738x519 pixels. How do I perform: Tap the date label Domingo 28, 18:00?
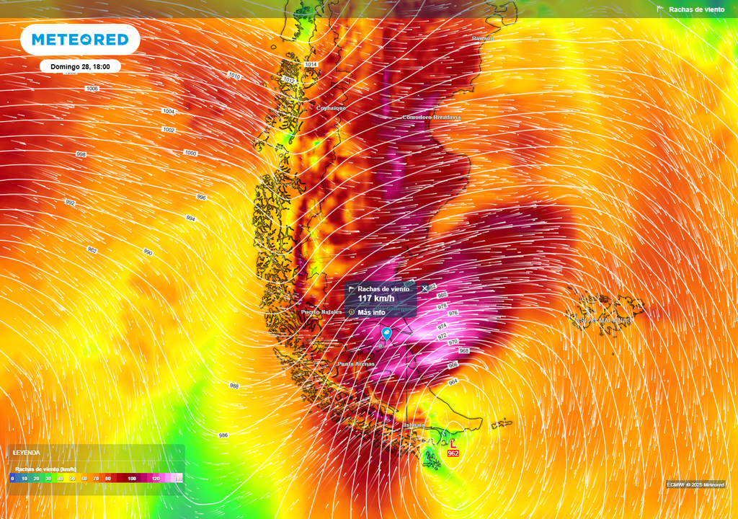point(80,66)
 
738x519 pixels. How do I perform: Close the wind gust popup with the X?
point(425,288)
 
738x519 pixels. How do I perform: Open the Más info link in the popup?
point(371,312)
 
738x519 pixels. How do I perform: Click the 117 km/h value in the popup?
point(376,298)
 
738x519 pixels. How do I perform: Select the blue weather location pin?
point(387,333)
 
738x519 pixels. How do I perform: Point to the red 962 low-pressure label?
point(453,453)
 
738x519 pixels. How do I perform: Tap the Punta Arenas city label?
point(356,364)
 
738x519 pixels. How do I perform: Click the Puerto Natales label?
point(321,312)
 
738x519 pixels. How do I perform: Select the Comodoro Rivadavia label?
point(431,117)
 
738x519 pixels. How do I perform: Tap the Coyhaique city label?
point(332,108)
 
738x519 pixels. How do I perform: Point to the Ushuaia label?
point(414,425)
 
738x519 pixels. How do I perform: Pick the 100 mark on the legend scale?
point(132,478)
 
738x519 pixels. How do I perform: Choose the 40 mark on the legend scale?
point(61,478)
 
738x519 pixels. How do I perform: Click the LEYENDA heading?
point(27,452)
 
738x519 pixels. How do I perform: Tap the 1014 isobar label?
point(311,65)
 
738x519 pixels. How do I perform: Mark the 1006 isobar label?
point(92,88)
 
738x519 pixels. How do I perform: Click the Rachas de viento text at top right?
point(696,9)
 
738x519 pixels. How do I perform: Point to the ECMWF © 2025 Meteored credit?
point(695,484)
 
